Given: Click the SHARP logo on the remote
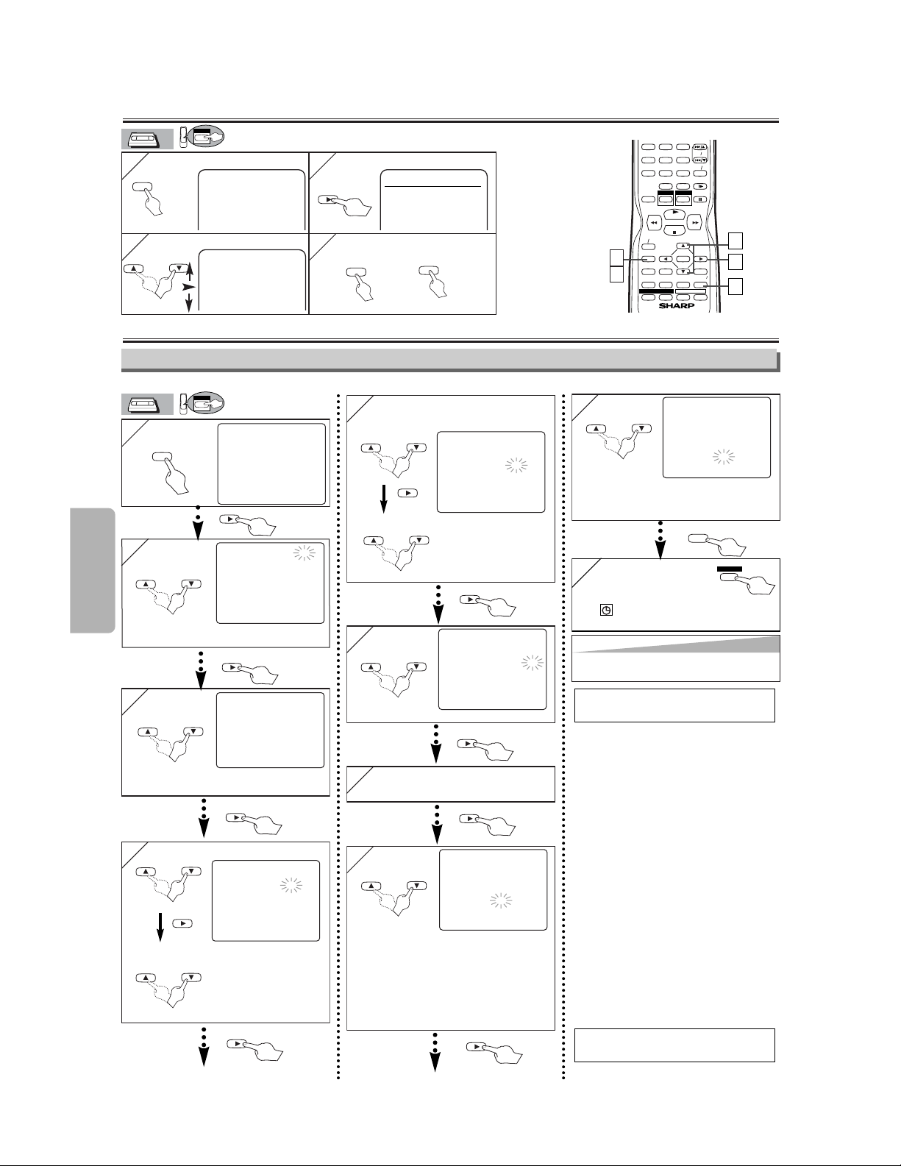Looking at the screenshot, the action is point(676,306).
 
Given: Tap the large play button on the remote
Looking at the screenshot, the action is point(674,213).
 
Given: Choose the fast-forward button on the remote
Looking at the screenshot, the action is point(694,221).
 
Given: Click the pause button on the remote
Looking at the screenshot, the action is point(700,199).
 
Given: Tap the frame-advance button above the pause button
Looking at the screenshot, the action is point(700,186).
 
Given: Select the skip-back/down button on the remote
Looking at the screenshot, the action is point(700,160).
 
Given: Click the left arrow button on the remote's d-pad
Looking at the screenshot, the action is point(665,259).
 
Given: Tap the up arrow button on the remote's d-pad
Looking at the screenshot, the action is point(683,246).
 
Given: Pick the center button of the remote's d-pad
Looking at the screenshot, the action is point(683,259).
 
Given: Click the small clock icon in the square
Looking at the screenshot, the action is point(606,610).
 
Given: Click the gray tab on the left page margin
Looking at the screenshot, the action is point(92,570).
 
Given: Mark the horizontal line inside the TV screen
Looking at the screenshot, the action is point(432,187).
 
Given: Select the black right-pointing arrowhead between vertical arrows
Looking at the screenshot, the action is point(188,288).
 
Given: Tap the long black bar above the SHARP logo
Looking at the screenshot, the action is point(656,291).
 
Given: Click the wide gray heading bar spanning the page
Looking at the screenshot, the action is point(449,359).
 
